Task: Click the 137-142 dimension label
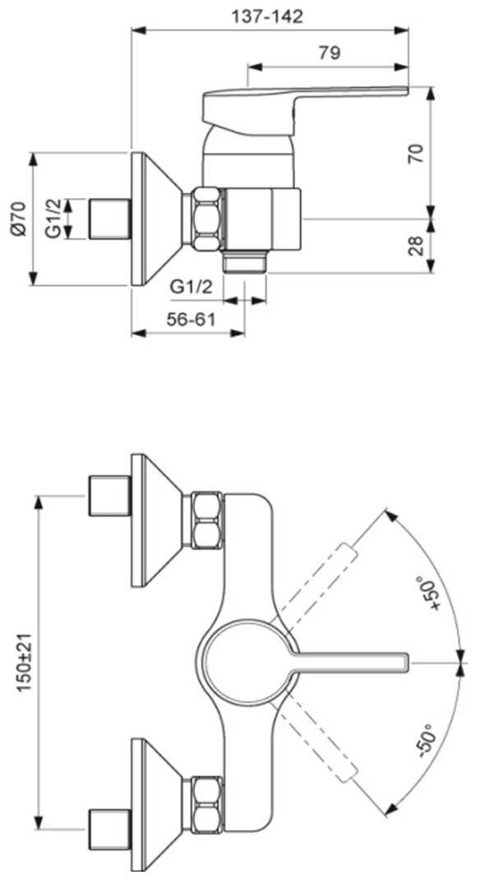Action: [x=267, y=16]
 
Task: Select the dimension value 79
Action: [x=330, y=53]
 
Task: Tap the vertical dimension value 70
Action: [x=416, y=154]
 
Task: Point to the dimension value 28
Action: [x=416, y=246]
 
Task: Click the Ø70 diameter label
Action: [x=19, y=219]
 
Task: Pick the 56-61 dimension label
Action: [x=192, y=320]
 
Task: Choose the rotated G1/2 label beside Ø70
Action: [x=53, y=219]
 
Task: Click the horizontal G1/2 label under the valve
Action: [x=192, y=287]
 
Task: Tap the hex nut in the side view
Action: [x=206, y=219]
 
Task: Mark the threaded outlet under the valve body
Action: [x=244, y=262]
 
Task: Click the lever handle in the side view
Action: [x=304, y=111]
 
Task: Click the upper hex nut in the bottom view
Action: [x=206, y=520]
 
